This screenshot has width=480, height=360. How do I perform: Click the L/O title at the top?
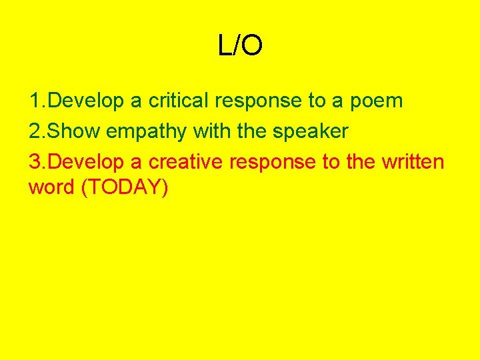(x=240, y=46)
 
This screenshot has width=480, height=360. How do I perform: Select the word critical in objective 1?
(x=177, y=101)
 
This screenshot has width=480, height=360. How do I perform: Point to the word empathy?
(x=147, y=132)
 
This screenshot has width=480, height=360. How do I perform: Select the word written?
(x=408, y=162)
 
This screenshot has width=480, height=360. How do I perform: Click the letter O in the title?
(x=252, y=46)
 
